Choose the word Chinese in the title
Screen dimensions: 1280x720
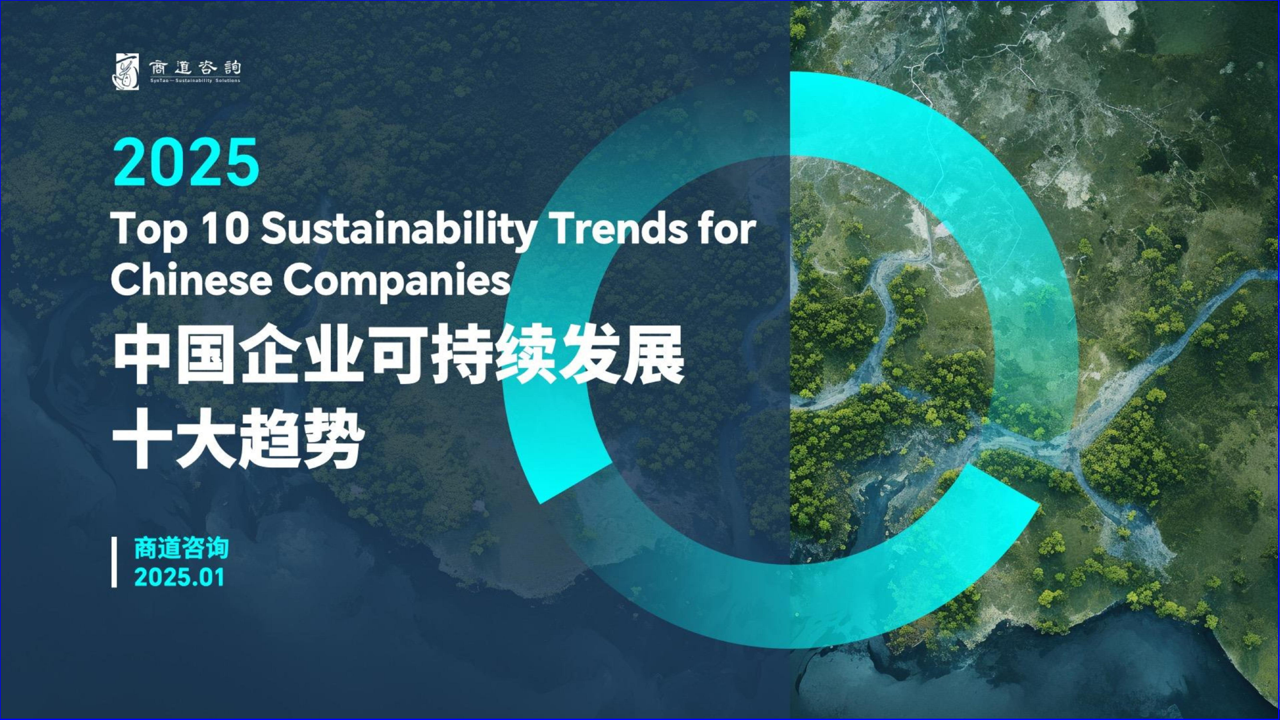point(191,280)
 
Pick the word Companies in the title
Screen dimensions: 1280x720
point(397,282)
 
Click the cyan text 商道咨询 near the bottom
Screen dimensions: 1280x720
point(181,548)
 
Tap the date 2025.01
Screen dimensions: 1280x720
point(179,577)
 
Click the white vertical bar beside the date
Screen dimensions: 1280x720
point(115,562)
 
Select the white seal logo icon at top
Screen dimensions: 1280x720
point(126,71)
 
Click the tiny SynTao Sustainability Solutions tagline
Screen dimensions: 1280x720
point(195,81)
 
